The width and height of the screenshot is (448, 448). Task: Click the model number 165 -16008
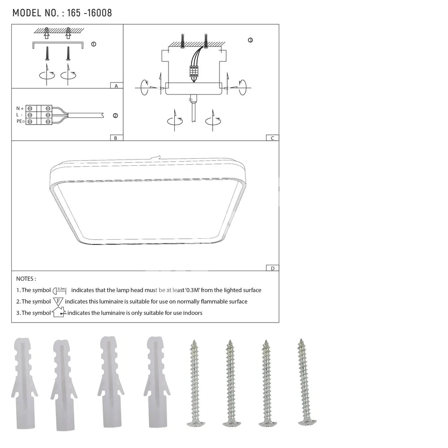(90, 13)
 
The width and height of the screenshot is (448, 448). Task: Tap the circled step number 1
(94, 44)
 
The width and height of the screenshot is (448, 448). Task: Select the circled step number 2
(116, 116)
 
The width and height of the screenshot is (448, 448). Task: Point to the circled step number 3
(250, 40)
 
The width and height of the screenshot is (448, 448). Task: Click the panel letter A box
(116, 86)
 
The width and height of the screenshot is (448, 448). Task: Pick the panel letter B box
(116, 138)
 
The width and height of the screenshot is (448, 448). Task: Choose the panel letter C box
(272, 138)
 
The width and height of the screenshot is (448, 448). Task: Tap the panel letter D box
(272, 268)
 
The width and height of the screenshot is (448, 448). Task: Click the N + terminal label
(20, 108)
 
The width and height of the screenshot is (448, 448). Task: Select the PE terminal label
(20, 121)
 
